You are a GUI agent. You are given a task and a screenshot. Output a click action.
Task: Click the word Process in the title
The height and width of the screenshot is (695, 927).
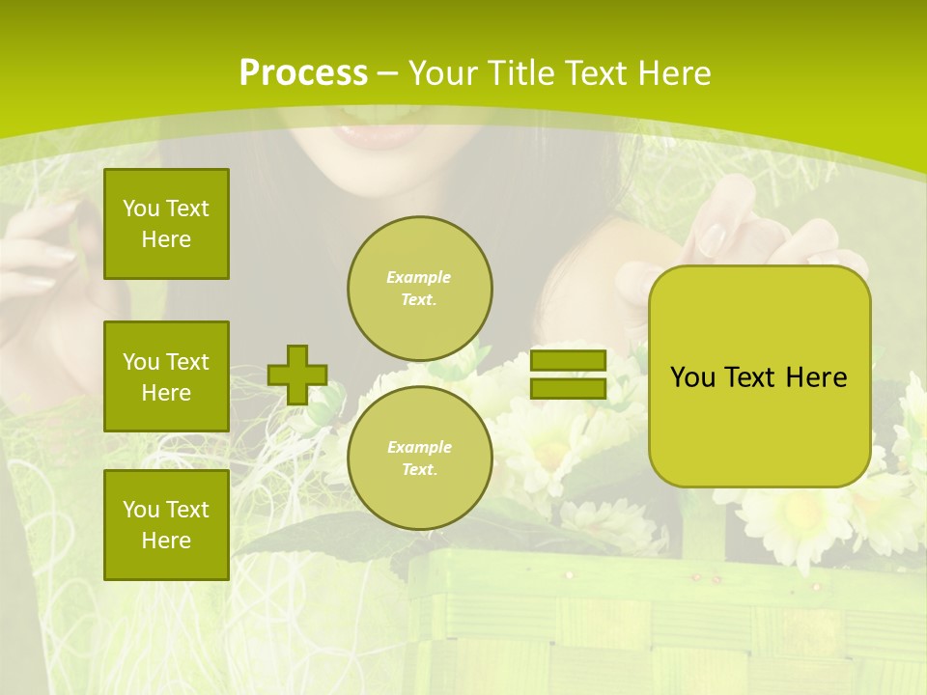[303, 73]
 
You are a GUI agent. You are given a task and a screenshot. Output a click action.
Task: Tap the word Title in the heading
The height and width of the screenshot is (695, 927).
[521, 73]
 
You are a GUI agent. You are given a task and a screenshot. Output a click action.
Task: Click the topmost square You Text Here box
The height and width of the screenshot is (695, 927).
[166, 224]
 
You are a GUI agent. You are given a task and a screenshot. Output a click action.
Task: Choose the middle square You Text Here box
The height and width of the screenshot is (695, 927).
[166, 376]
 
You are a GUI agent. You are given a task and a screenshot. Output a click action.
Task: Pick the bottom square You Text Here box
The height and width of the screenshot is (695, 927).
[166, 525]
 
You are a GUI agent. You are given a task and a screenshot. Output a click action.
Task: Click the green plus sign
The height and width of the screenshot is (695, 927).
[297, 375]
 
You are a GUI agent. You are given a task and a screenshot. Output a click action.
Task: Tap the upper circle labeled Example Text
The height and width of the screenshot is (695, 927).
[419, 289]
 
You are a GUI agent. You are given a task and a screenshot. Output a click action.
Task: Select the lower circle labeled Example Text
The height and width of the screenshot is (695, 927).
[419, 459]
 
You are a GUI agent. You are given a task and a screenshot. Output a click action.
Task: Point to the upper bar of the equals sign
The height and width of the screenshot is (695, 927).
[568, 361]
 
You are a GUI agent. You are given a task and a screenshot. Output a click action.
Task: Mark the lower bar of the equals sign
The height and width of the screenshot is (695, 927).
[568, 388]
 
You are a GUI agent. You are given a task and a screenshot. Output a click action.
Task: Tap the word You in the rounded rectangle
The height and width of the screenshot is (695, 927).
[692, 377]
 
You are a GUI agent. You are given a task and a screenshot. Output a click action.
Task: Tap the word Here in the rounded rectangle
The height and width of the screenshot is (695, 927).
[816, 377]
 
